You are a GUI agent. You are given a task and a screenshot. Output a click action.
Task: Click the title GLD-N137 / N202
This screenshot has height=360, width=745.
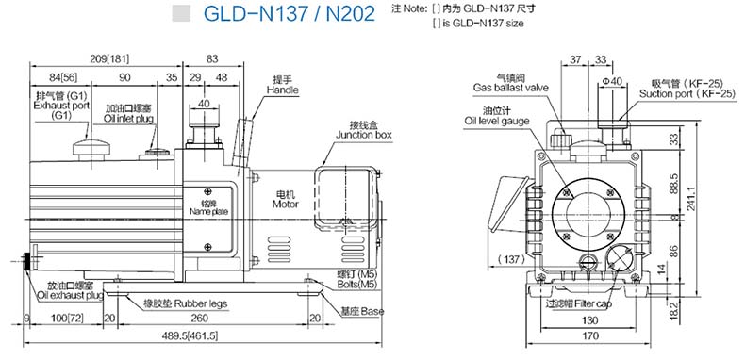click(289, 14)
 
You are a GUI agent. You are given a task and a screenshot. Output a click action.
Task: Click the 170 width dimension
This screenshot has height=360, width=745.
click(589, 336)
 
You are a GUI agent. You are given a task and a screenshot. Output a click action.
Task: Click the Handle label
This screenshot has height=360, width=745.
click(282, 90)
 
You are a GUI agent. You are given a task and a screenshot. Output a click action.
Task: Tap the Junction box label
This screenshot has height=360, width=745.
click(364, 135)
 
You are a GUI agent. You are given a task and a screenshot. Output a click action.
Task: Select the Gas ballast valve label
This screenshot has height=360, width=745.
click(511, 88)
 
